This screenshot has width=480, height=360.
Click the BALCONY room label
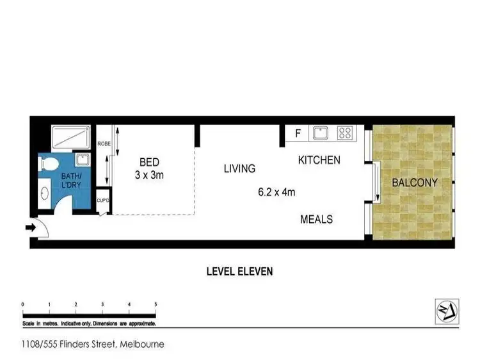pos(414,183)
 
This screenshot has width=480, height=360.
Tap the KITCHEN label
pos(319,160)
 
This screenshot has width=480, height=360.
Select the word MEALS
pos(317,219)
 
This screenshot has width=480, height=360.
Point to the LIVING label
pos(239,168)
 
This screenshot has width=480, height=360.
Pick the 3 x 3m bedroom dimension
pos(150,174)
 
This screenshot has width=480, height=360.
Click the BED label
pos(149,162)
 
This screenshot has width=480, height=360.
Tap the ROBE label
pos(104,144)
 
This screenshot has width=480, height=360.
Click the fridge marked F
pos(298,134)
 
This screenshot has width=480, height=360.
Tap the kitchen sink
pos(320,133)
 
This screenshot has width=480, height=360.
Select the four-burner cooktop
pos(345,133)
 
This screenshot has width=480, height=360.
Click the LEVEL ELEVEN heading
pos(239,271)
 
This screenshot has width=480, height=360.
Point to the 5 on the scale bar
pos(156,304)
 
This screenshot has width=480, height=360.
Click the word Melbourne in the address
pos(142,344)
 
